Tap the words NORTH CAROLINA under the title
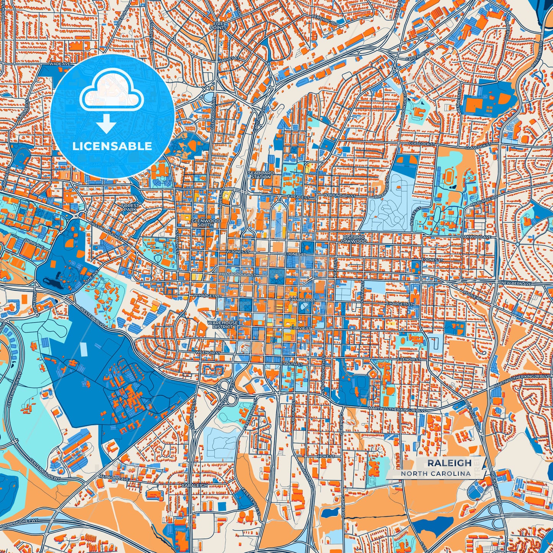pyautogui.click(x=436, y=474)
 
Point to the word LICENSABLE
pyautogui.click(x=112, y=146)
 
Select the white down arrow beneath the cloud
pyautogui.click(x=106, y=125)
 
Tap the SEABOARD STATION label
pyautogui.click(x=261, y=175)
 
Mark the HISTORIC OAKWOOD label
pyautogui.click(x=354, y=239)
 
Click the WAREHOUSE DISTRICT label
pyautogui.click(x=223, y=325)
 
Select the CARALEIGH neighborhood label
pyautogui.click(x=194, y=485)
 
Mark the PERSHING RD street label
pyautogui.click(x=324, y=23)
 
